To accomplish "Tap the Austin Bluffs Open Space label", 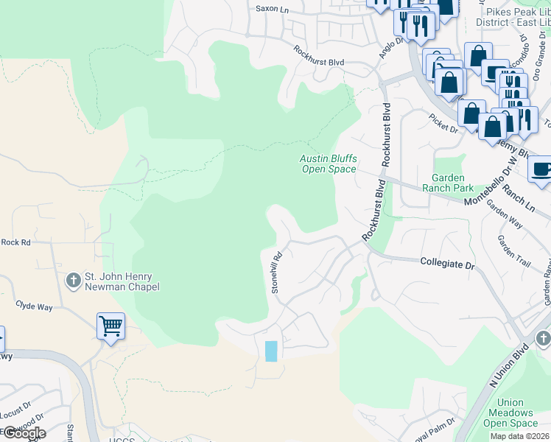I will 328,164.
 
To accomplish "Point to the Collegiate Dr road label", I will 447,262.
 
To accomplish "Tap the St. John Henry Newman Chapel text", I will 122,281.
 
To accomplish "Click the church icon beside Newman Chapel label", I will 73,281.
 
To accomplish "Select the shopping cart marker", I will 110,326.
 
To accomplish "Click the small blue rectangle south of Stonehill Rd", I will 271,351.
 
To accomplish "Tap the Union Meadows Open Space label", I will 510,413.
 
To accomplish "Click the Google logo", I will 24,433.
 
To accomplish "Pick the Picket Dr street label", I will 443,122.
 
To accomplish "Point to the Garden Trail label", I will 513,251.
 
